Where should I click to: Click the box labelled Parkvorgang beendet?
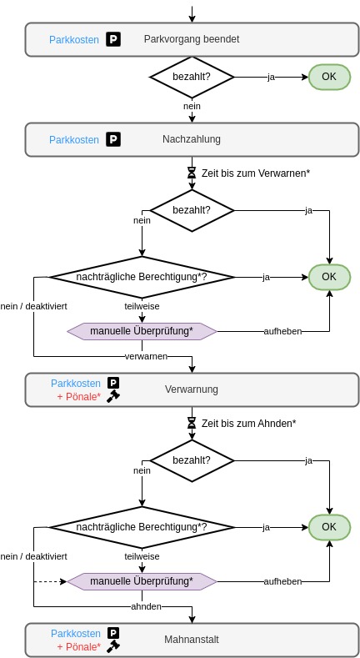click(192, 39)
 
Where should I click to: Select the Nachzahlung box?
click(192, 140)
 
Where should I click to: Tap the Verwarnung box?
click(192, 389)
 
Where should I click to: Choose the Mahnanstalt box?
click(192, 640)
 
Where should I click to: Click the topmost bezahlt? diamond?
click(192, 78)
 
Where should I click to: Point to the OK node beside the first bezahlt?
click(329, 77)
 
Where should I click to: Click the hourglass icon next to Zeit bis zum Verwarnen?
click(192, 173)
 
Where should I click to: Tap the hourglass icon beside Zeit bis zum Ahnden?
click(192, 423)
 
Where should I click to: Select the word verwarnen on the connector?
click(147, 357)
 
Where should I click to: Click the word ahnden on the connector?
click(147, 606)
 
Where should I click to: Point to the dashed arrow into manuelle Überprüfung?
click(50, 581)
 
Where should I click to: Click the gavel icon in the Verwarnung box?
click(113, 397)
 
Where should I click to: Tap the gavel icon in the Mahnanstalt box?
click(113, 646)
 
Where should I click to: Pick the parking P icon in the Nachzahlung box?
click(113, 139)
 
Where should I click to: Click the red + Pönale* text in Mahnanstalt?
click(79, 646)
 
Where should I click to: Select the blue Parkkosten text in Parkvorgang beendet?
click(74, 40)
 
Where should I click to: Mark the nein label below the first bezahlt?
click(192, 106)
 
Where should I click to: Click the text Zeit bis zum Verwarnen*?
click(256, 173)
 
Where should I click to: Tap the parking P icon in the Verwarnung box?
click(113, 383)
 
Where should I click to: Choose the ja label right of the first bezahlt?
click(271, 78)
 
